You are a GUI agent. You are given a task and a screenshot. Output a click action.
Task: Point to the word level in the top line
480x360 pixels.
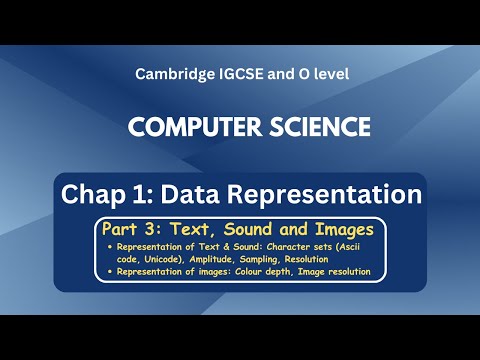[326, 74]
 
